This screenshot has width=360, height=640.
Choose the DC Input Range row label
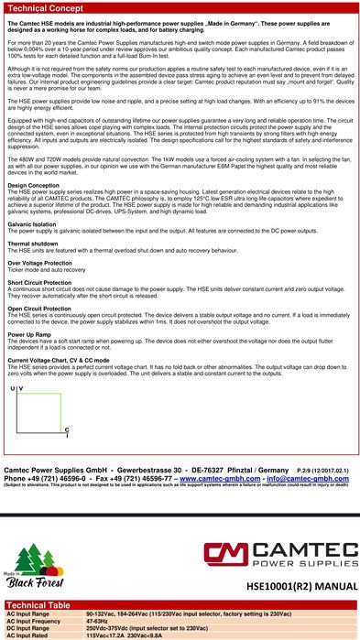pos(28,627)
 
